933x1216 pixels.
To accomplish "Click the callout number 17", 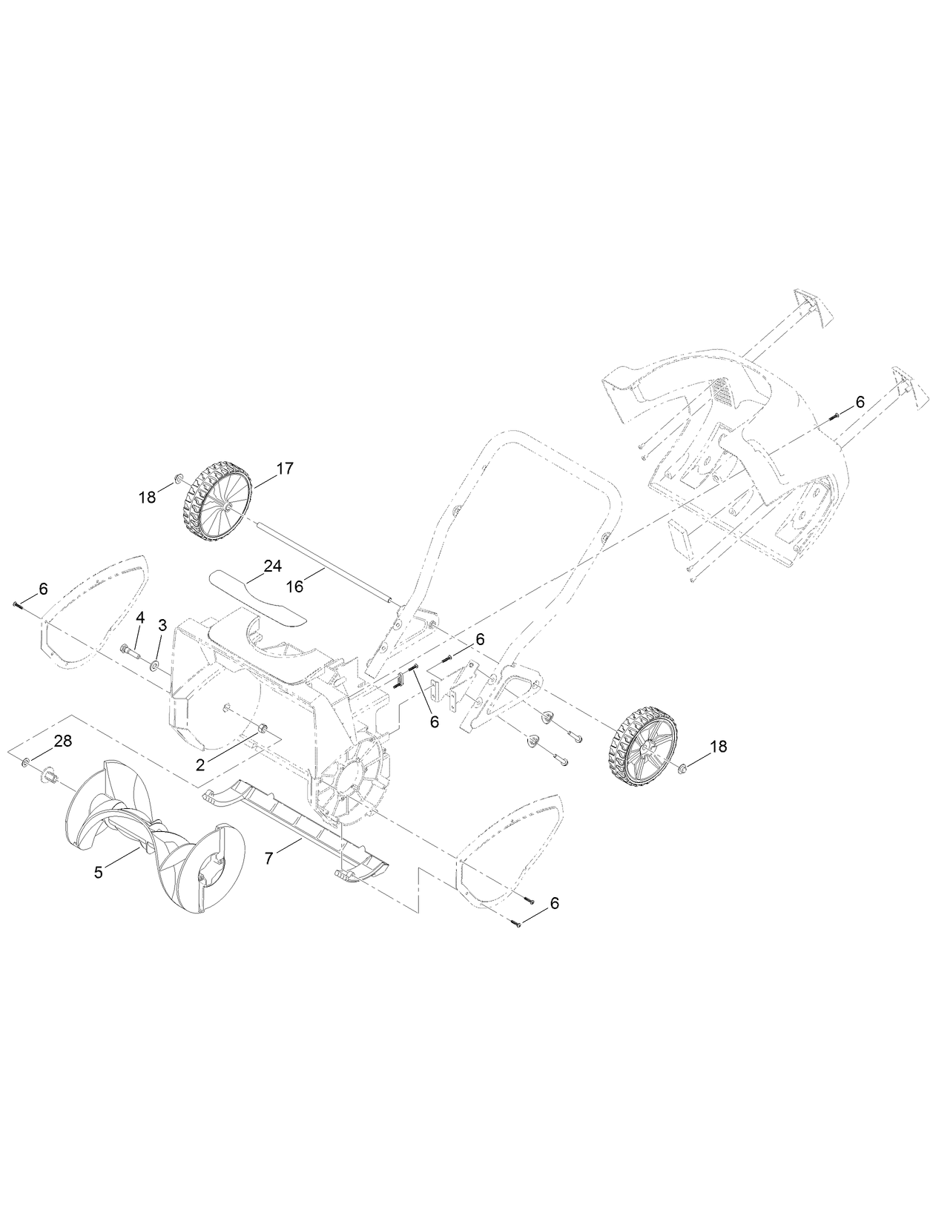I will (x=285, y=468).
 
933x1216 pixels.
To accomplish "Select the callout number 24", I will (x=272, y=566).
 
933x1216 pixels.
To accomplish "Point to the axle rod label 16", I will (x=295, y=586).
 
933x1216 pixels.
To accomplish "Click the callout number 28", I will (x=63, y=741).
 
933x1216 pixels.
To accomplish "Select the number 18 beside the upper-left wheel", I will (x=147, y=497).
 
